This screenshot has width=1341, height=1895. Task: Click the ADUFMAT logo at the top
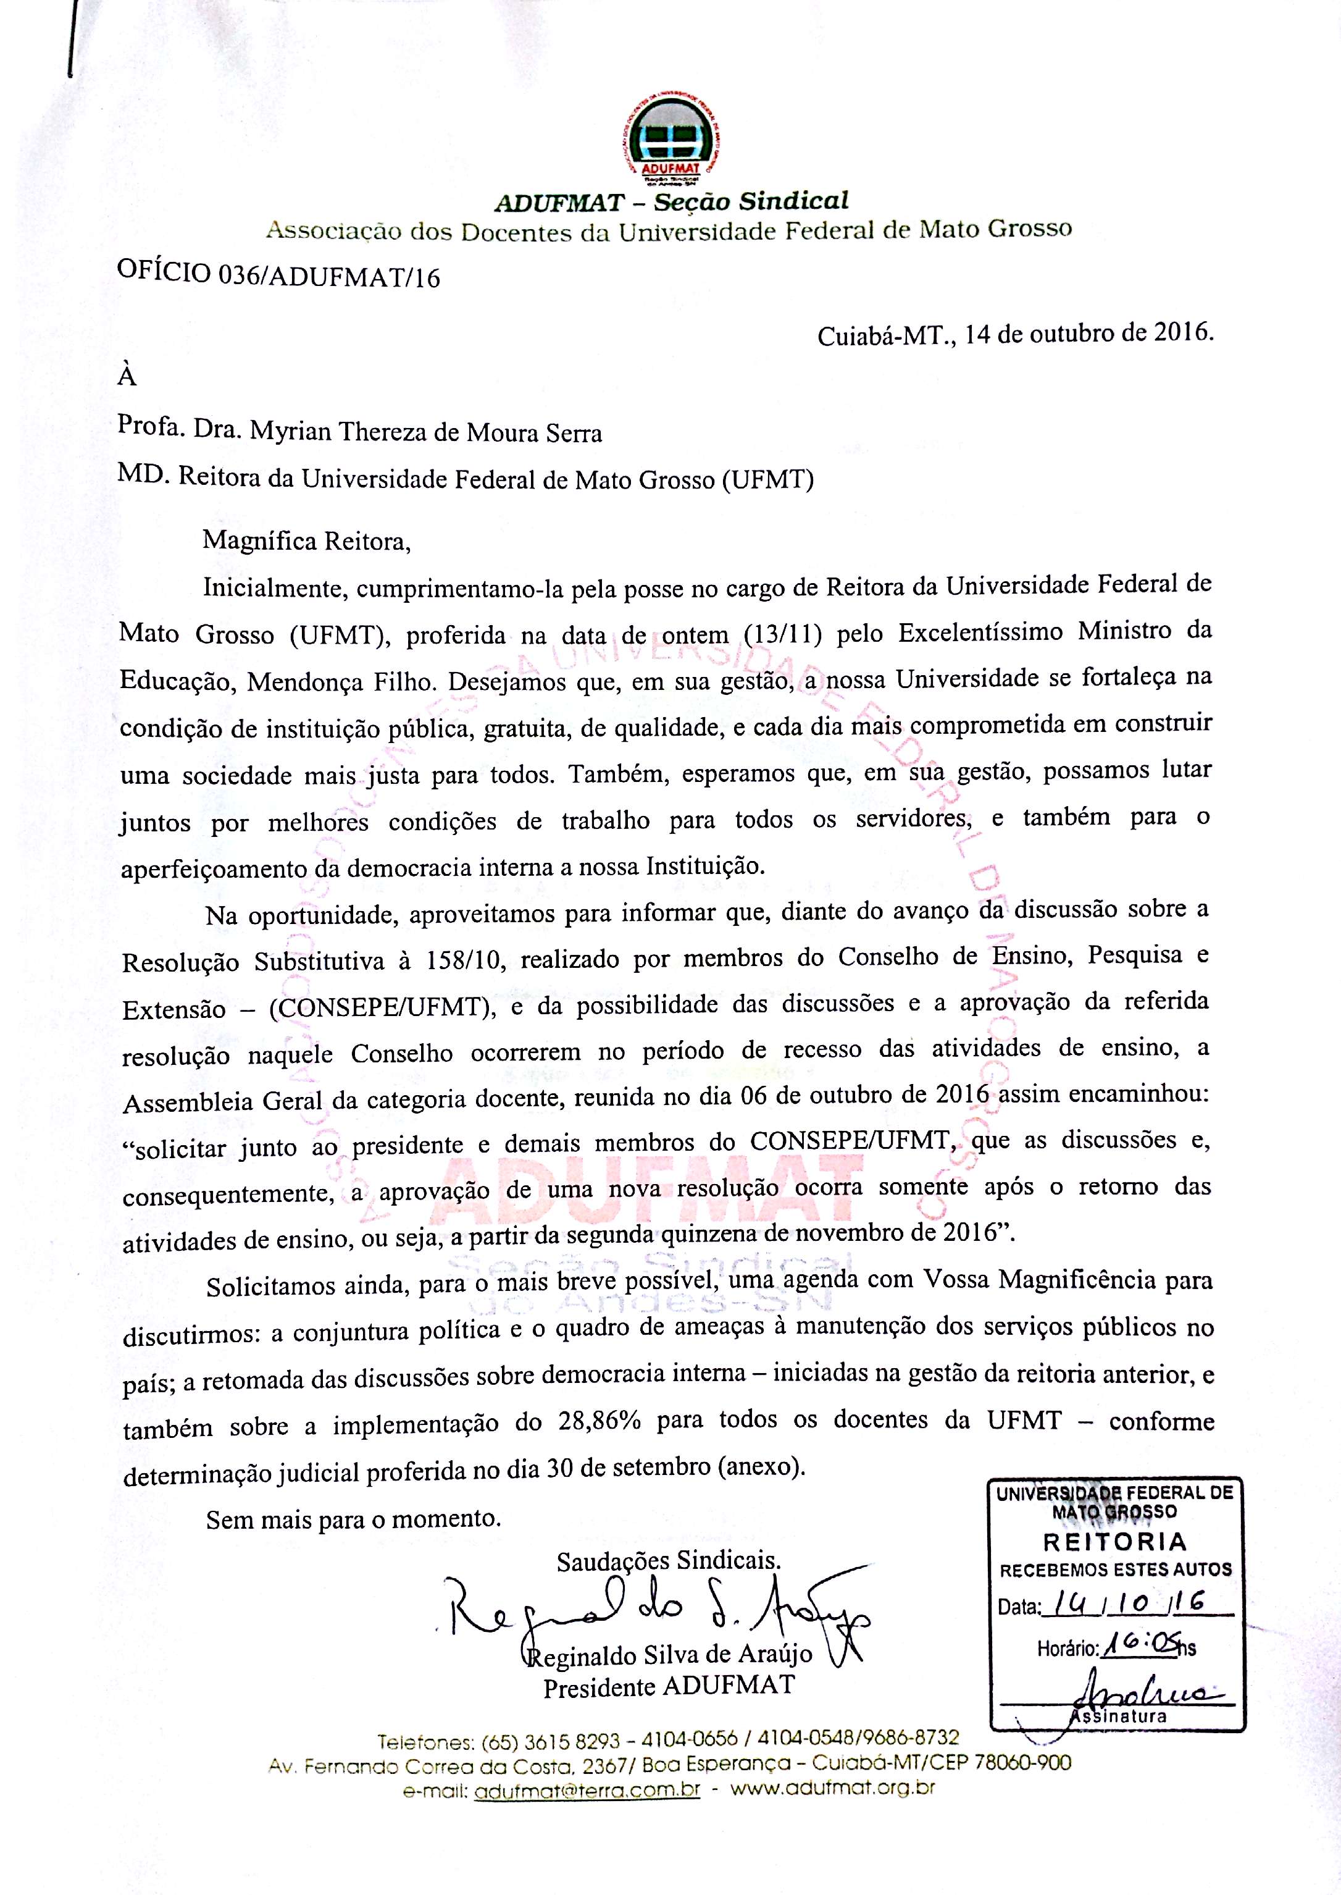coord(670,144)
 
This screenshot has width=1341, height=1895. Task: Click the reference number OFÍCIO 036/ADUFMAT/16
coord(279,274)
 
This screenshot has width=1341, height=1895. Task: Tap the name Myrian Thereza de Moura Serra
coord(426,432)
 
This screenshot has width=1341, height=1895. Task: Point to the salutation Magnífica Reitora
coord(306,541)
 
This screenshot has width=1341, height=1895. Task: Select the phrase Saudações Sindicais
coord(668,1560)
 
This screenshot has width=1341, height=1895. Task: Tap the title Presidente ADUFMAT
coord(669,1685)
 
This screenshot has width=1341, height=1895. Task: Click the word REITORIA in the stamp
coord(1115,1542)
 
